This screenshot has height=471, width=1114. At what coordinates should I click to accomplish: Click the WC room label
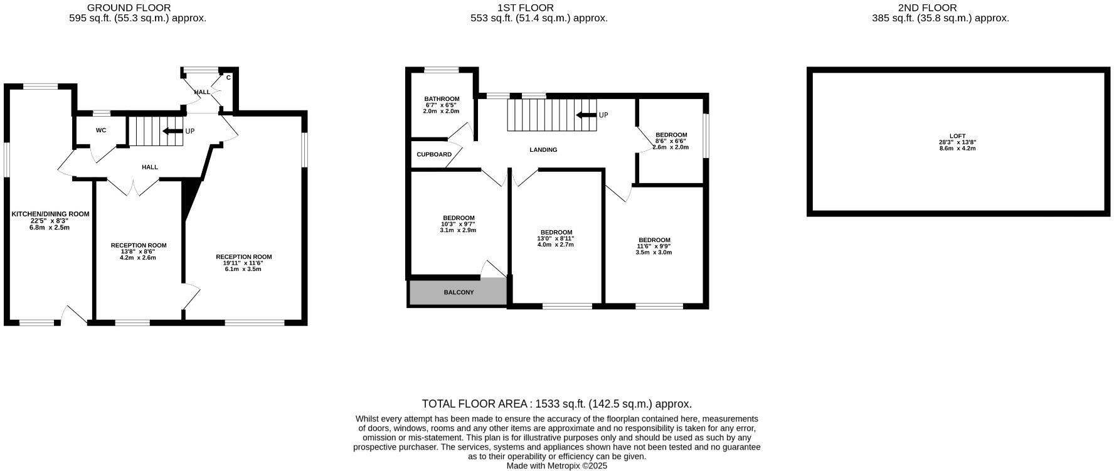click(101, 130)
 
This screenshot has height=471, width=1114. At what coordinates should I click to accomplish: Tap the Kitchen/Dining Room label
click(50, 214)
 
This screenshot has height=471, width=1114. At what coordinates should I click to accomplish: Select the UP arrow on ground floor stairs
click(172, 131)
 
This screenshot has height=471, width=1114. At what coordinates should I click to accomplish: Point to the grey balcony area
click(458, 292)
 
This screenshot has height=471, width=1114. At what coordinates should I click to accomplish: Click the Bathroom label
click(442, 99)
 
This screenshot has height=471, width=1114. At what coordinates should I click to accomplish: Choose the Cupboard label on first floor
click(434, 154)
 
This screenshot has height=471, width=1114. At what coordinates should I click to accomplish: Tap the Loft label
click(957, 136)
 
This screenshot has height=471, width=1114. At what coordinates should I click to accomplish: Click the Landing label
click(543, 150)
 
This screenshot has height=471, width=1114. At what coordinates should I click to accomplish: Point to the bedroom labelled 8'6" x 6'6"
click(671, 141)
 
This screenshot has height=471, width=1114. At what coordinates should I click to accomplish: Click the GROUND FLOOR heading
click(129, 8)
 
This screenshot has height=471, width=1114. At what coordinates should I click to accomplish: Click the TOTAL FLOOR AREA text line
click(556, 404)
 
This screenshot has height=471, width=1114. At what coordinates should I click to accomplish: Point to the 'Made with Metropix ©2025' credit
click(556, 466)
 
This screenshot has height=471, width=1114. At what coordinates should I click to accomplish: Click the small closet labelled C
click(228, 78)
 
